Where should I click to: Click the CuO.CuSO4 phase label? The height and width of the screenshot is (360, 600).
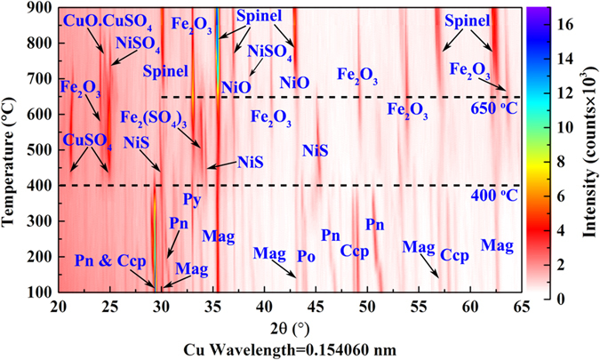(104, 19)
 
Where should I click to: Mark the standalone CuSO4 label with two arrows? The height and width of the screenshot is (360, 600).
(87, 141)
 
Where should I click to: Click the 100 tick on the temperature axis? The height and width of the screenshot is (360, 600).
(38, 291)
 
